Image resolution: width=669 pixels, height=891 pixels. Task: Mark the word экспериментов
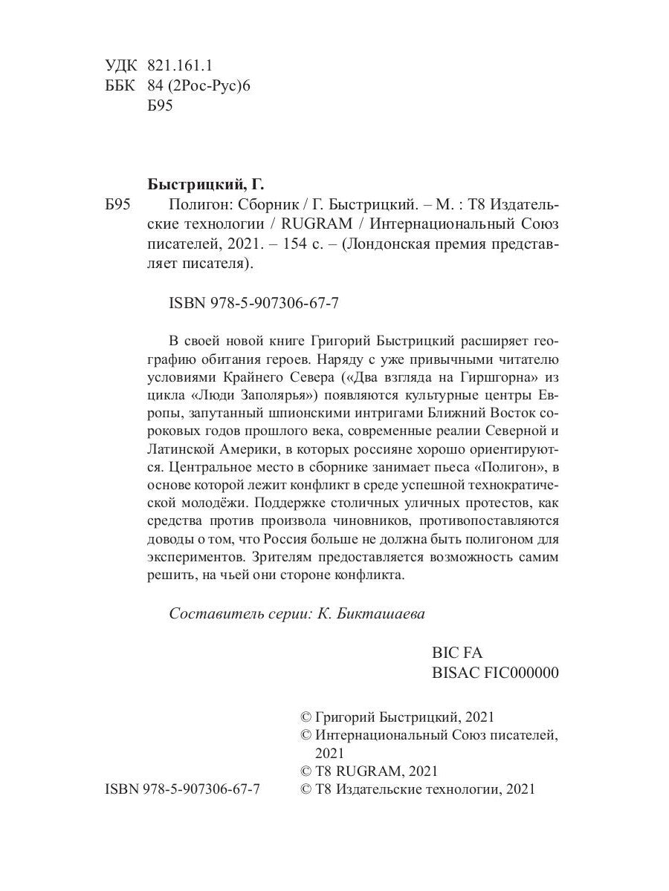coord(196,556)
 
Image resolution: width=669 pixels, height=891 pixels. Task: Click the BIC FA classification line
coord(456,653)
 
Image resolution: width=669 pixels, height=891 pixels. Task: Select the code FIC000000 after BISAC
coord(520,673)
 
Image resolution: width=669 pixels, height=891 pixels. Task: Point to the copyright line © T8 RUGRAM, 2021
coord(367,771)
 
